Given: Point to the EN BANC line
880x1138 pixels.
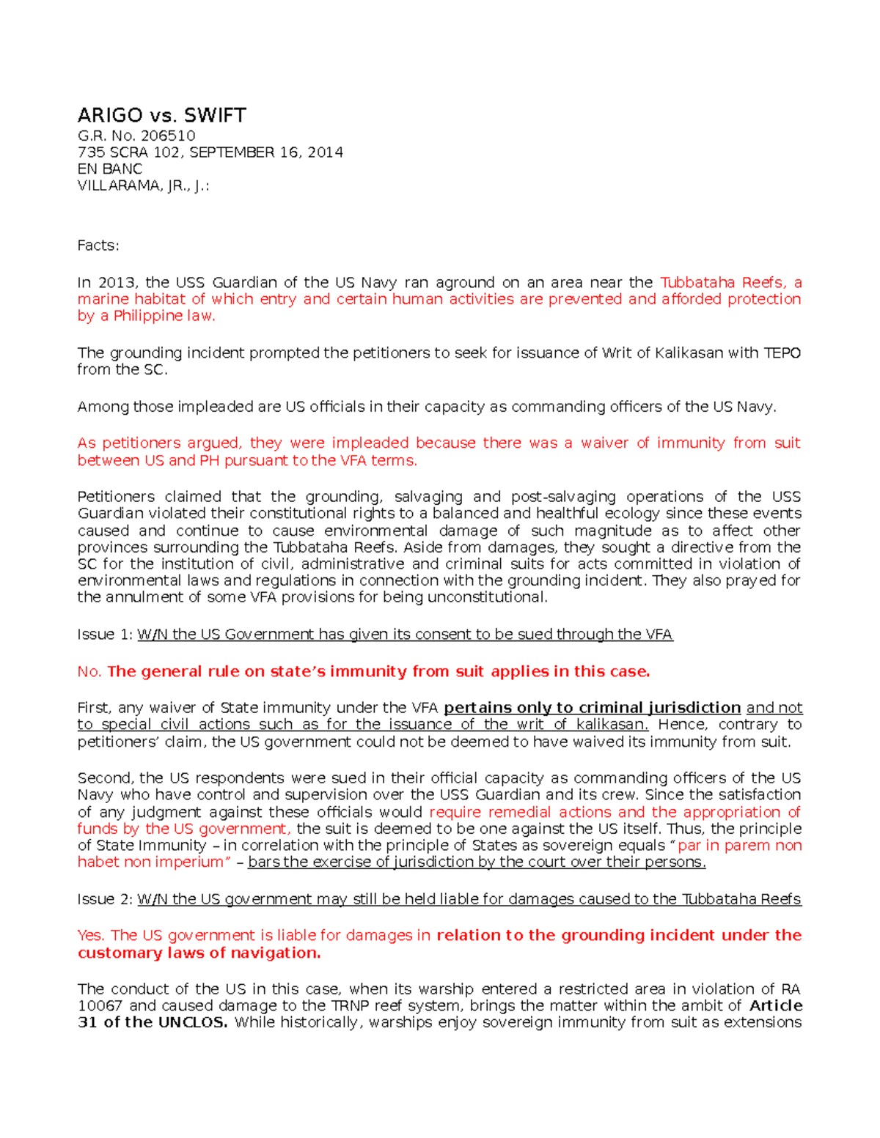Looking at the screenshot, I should click(110, 169).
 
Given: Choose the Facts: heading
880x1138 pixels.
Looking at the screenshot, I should click(98, 245).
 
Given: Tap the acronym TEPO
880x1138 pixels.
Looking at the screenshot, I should click(782, 353).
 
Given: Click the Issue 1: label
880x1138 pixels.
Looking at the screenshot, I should click(105, 635).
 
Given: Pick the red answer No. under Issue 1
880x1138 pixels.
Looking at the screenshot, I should click(89, 672).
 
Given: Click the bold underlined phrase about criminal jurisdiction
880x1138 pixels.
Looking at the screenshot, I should click(592, 708).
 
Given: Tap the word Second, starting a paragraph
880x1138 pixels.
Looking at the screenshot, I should click(106, 778).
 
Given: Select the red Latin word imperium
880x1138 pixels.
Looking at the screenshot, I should click(192, 862).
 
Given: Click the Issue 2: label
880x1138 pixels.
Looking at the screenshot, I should click(105, 900).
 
